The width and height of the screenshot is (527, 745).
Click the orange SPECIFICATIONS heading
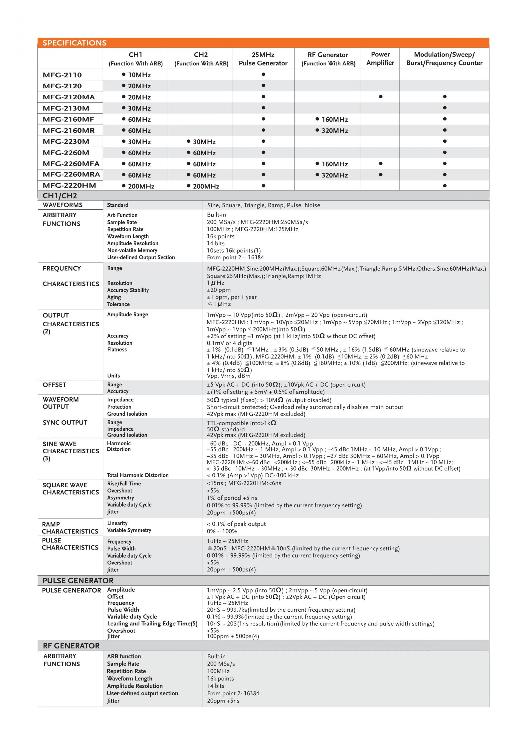pyautogui.click(x=74, y=43)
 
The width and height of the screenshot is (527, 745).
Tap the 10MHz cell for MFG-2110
pyautogui.click(x=136, y=75)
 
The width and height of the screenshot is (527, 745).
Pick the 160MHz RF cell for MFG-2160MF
pyautogui.click(x=332, y=119)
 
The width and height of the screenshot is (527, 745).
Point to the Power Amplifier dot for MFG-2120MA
pyautogui.click(x=380, y=97)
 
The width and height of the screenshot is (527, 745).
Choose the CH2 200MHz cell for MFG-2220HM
pyautogui.click(x=203, y=186)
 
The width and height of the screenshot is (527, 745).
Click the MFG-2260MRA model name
pyautogui.click(x=71, y=175)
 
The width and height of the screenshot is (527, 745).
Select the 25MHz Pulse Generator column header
pyautogui.click(x=263, y=59)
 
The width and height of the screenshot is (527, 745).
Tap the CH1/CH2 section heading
pyautogui.click(x=60, y=196)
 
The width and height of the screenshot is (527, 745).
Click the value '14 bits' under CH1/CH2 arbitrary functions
pyautogui.click(x=216, y=243)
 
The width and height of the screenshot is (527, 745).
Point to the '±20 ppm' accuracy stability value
pyautogui.click(x=219, y=290)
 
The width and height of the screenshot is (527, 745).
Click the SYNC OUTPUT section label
pyautogui.click(x=65, y=423)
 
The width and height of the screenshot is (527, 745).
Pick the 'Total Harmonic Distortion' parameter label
pyautogui.click(x=138, y=475)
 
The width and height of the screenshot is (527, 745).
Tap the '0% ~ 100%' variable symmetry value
pyautogui.click(x=222, y=531)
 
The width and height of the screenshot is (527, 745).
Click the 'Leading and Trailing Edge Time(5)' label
pyautogui.click(x=152, y=623)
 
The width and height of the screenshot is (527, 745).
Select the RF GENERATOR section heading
pyautogui.click(x=71, y=646)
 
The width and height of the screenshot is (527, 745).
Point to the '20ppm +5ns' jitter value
pyautogui.click(x=223, y=701)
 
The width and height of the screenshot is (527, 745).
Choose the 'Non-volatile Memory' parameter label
pyautogui.click(x=132, y=250)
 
